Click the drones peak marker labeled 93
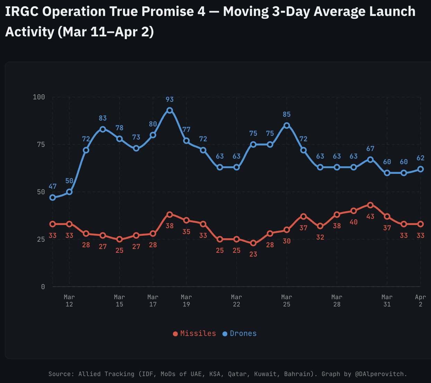click(x=169, y=110)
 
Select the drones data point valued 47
click(x=53, y=197)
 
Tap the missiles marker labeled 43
click(x=370, y=205)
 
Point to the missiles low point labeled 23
click(x=253, y=243)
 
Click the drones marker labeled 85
click(x=287, y=125)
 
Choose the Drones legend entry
click(x=240, y=333)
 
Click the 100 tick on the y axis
click(x=39, y=97)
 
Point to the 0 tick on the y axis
click(x=43, y=287)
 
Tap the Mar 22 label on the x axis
click(x=236, y=301)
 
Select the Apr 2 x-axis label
click(x=420, y=301)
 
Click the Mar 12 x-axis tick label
click(x=69, y=301)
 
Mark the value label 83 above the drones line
click(x=103, y=118)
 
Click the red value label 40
click(x=353, y=222)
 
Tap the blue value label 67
click(x=370, y=149)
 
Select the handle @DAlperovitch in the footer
click(x=381, y=374)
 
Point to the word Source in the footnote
click(x=61, y=374)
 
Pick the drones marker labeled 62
click(x=420, y=169)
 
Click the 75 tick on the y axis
click(x=41, y=144)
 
